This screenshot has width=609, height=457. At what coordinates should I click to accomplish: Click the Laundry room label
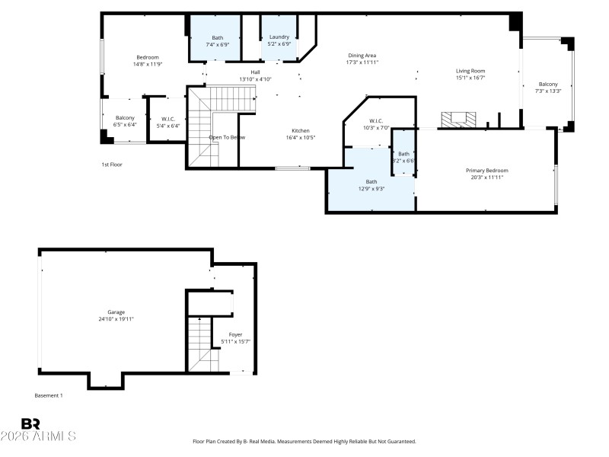[x=279, y=37]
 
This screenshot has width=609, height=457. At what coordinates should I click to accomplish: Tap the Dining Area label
[x=362, y=56]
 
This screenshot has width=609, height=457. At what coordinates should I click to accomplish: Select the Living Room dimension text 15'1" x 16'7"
[x=470, y=77]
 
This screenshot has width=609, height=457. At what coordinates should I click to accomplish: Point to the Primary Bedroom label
[x=486, y=170]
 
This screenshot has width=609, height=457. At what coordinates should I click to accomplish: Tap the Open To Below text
[x=227, y=137]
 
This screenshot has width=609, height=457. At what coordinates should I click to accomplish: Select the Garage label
[x=116, y=312]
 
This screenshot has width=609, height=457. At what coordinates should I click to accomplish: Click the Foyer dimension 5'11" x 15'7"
[x=236, y=340]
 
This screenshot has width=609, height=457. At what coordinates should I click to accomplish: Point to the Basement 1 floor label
[x=49, y=395]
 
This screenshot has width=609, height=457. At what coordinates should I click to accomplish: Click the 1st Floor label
[x=112, y=165]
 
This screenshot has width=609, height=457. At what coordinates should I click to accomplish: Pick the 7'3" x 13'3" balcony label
[x=548, y=91]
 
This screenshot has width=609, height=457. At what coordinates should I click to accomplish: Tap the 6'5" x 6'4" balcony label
[x=125, y=124]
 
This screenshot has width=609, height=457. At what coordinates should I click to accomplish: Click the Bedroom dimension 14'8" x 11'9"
[x=148, y=64]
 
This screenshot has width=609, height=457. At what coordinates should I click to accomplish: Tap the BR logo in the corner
[x=31, y=423]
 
